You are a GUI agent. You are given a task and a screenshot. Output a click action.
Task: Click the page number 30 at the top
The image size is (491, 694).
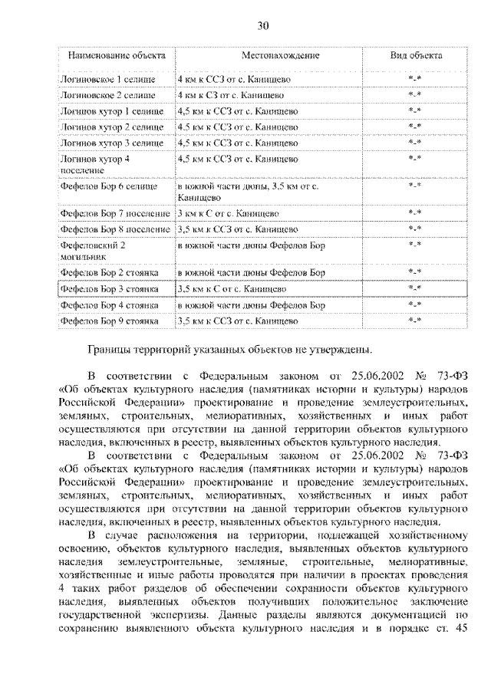tap(262, 26)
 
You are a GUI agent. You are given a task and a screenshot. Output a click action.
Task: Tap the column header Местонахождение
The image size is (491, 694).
tap(280, 56)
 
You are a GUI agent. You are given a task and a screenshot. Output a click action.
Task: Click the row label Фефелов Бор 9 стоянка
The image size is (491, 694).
tap(109, 321)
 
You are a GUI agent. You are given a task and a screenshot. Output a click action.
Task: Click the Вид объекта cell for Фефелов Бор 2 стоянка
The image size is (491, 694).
tap(415, 272)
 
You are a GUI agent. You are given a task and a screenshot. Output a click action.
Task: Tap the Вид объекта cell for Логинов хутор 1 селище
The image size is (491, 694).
tap(415, 111)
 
